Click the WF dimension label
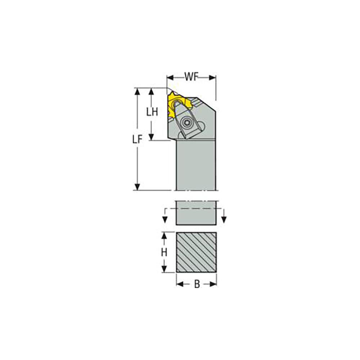tap(192, 77)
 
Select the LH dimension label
tap(152, 112)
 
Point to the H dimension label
tap(164, 253)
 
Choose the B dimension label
tap(197, 284)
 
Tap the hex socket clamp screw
tap(187, 122)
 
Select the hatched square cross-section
tap(196, 252)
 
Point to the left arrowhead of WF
tap(170, 77)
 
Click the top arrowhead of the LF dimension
tap(137, 90)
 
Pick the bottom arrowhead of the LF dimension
tap(137, 187)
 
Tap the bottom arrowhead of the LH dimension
tap(152, 137)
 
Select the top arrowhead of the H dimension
tap(164, 235)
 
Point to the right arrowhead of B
tap(214, 284)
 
